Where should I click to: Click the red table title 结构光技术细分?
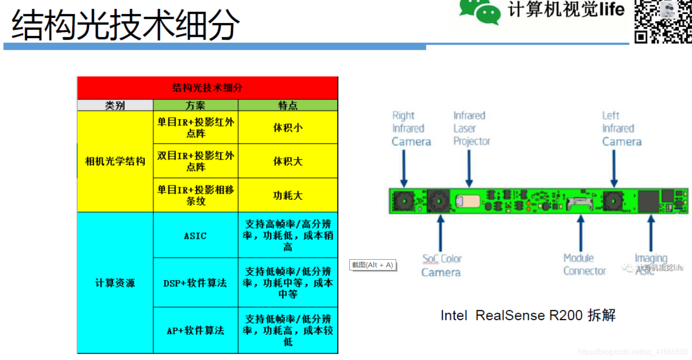pyautogui.click(x=207, y=88)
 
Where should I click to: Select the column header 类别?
pyautogui.click(x=115, y=105)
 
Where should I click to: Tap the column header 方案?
pyautogui.click(x=195, y=105)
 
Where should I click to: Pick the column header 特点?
pyautogui.click(x=288, y=105)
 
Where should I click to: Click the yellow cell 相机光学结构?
pyautogui.click(x=115, y=161)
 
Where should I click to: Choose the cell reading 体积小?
pyautogui.click(x=288, y=128)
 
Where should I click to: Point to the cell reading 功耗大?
pyautogui.click(x=288, y=195)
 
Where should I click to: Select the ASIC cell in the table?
pyautogui.click(x=195, y=235)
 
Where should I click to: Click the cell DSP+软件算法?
pyautogui.click(x=195, y=283)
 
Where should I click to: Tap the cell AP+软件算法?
pyautogui.click(x=195, y=331)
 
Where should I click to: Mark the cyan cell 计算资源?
pyautogui.click(x=115, y=283)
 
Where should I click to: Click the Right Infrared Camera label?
pyautogui.click(x=411, y=129)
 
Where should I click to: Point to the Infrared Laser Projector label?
pyautogui.click(x=471, y=129)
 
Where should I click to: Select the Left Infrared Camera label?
pyautogui.click(x=621, y=129)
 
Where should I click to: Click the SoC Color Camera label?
pyautogui.click(x=441, y=265)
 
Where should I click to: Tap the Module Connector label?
pyautogui.click(x=584, y=265)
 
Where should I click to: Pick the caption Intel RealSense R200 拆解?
pyautogui.click(x=528, y=315)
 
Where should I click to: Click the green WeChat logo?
pyautogui.click(x=479, y=11)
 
